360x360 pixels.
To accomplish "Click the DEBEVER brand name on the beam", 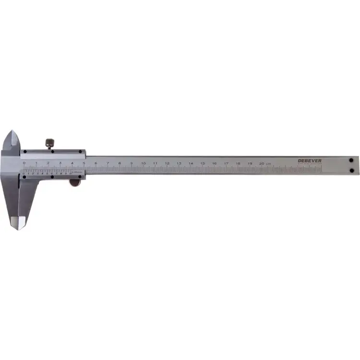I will click(x=310, y=160).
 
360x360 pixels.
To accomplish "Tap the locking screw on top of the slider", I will click(x=49, y=143).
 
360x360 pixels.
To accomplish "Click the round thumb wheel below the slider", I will click(x=74, y=182).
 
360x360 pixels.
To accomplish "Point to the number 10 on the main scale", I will click(x=143, y=164).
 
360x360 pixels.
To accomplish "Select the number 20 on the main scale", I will click(x=261, y=164).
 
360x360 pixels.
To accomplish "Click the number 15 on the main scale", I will click(x=202, y=164).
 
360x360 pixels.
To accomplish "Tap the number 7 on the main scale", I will click(x=108, y=164).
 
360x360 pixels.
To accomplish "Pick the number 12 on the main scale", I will click(x=167, y=164).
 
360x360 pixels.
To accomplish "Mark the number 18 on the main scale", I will click(x=238, y=164).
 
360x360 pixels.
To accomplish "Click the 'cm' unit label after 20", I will click(x=269, y=164).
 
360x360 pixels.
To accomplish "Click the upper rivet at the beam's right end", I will click(x=351, y=160).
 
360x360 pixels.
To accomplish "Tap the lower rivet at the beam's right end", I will click(x=351, y=170).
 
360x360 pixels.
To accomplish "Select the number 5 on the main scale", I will click(x=84, y=164).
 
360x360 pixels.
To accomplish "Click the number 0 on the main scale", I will click(x=24, y=163).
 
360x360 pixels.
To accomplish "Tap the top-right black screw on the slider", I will click(x=80, y=152).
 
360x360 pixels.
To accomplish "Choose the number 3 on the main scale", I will click(x=60, y=163).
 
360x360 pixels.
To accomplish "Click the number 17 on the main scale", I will click(x=226, y=164).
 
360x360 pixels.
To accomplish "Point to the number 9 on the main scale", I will click(x=131, y=164).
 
